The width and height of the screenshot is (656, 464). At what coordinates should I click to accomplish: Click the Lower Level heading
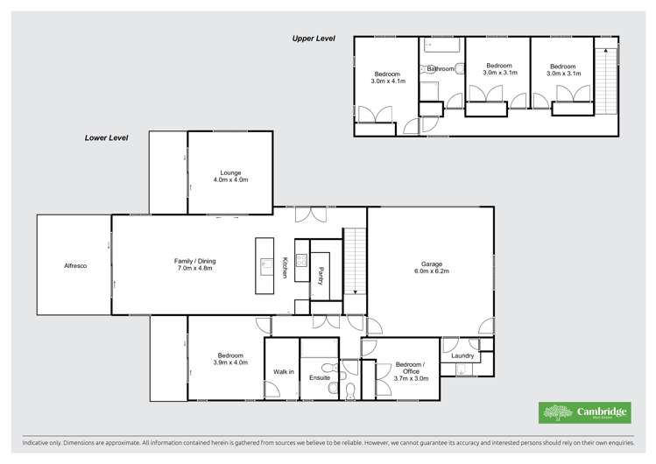tap(106, 138)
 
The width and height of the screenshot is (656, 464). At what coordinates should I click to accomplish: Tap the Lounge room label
tap(231, 176)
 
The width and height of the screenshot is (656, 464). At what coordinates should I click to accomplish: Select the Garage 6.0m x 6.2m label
tap(429, 267)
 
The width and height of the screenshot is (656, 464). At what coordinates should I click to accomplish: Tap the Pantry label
tap(321, 276)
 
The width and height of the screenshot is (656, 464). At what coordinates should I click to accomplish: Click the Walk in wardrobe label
tap(284, 373)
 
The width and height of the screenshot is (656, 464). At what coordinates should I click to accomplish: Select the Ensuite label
tap(320, 377)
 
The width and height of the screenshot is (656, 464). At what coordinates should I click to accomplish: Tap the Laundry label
tap(462, 356)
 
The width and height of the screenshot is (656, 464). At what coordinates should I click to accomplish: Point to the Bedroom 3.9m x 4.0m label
tap(230, 358)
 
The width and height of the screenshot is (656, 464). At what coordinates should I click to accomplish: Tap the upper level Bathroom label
tap(440, 68)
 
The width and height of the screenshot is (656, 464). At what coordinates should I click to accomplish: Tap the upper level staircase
tap(605, 79)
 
